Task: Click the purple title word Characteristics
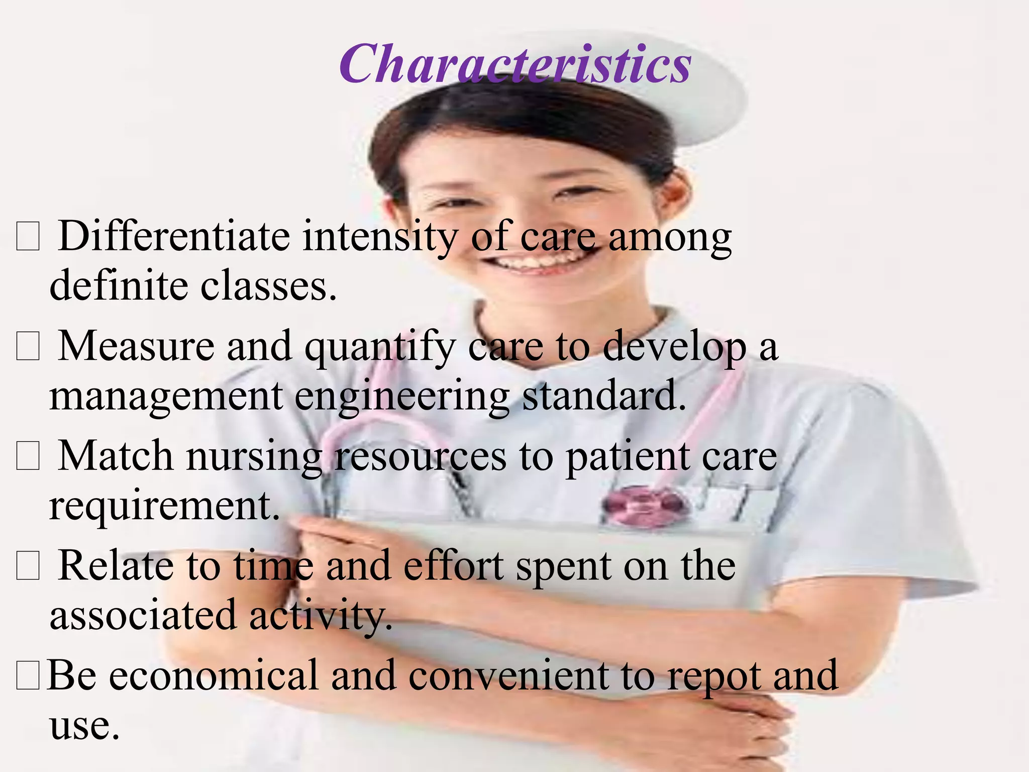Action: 515,64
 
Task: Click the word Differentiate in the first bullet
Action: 174,236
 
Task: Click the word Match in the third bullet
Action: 116,455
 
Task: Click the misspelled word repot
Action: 713,677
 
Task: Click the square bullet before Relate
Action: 28,567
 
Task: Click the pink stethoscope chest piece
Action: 645,505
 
